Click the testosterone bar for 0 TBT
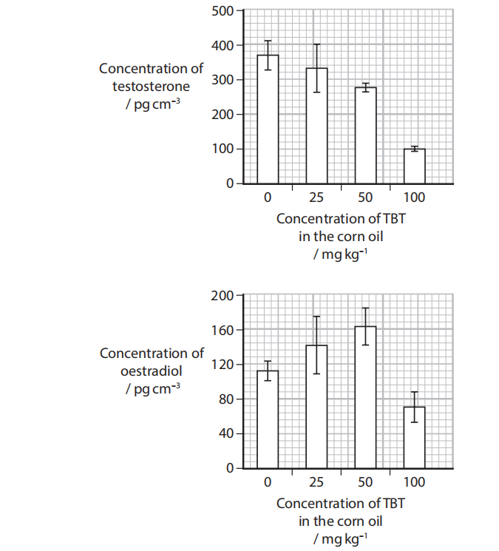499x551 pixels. tap(268, 118)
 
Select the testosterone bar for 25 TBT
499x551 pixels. tap(316, 126)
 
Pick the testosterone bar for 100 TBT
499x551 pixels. tap(415, 166)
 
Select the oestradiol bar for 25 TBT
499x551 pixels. tap(316, 407)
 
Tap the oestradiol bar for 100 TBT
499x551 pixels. tap(415, 437)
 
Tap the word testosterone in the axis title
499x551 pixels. tap(152, 86)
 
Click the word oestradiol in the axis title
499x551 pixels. tap(152, 371)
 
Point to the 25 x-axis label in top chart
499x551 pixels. tap(316, 197)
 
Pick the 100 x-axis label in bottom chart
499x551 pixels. tap(415, 482)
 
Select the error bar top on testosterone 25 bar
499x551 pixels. tap(316, 44)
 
